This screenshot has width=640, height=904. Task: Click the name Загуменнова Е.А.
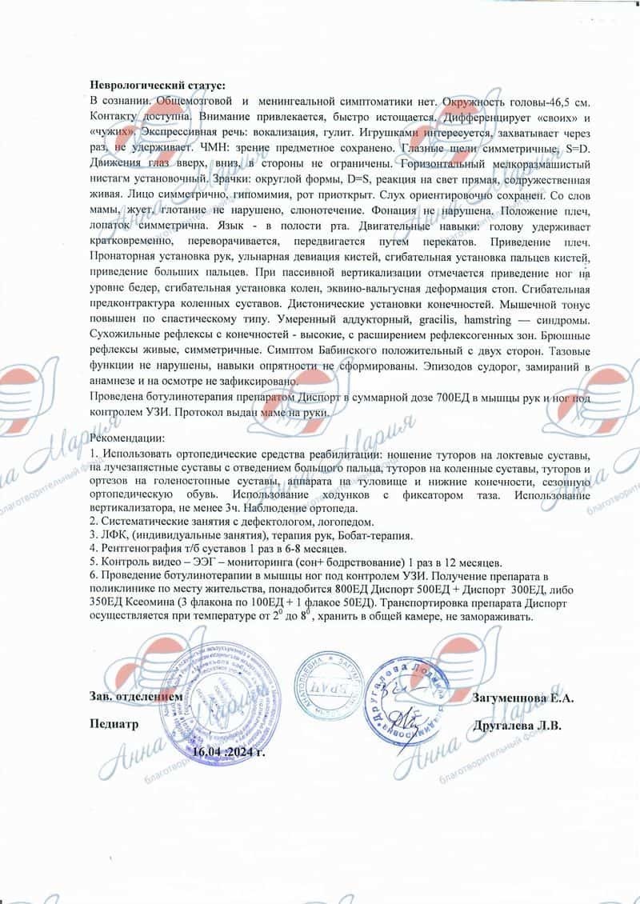pos(523,698)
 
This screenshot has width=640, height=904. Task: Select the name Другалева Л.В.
pos(517,726)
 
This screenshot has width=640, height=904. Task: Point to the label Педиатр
pos(114,726)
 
